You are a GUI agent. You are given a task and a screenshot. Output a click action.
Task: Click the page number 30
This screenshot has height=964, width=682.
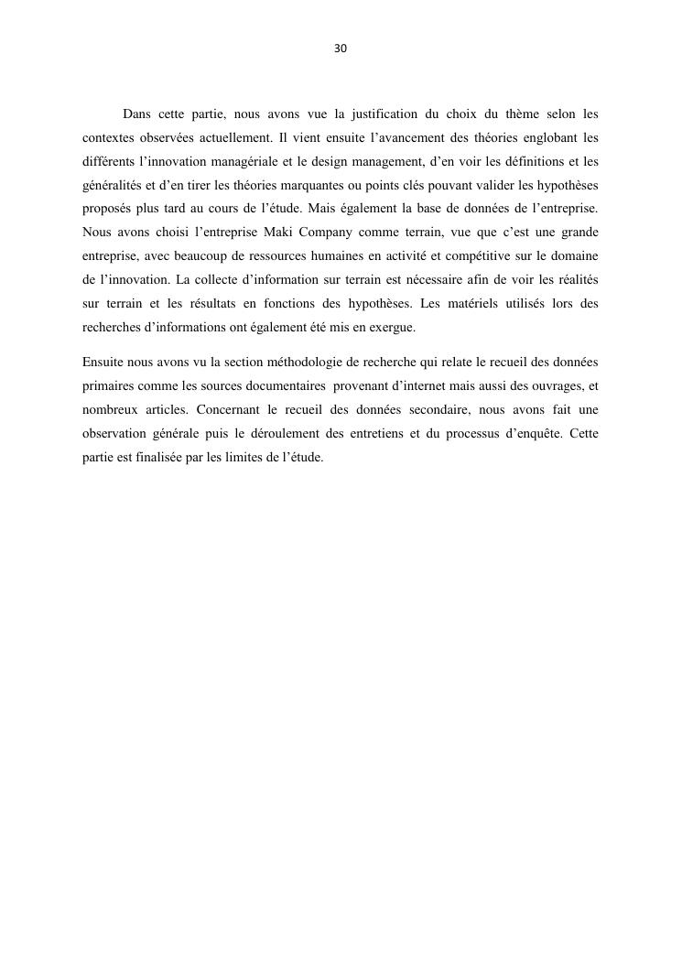pyautogui.click(x=341, y=49)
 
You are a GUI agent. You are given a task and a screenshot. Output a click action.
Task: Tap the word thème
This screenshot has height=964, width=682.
pyautogui.click(x=522, y=114)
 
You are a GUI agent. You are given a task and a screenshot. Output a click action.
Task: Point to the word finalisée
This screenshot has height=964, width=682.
pyautogui.click(x=163, y=456)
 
